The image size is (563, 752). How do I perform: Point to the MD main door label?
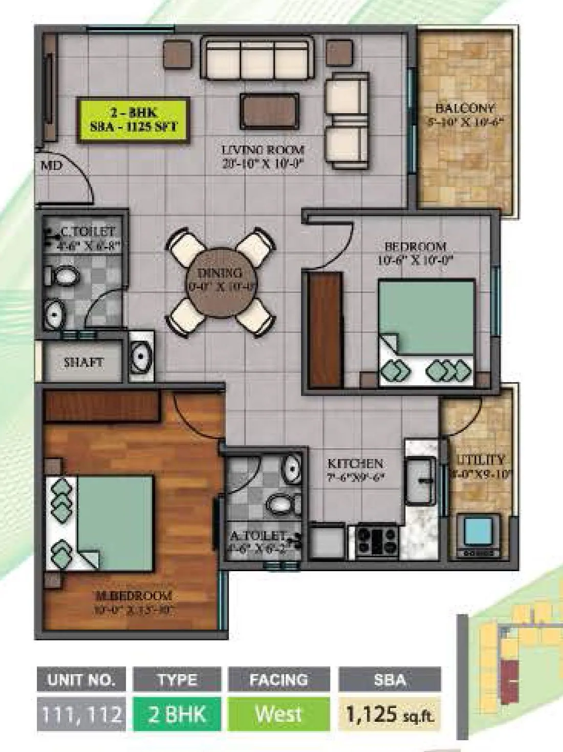click(x=51, y=166)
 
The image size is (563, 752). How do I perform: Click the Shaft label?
click(x=83, y=363)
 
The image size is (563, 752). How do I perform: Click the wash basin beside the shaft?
click(x=139, y=355)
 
